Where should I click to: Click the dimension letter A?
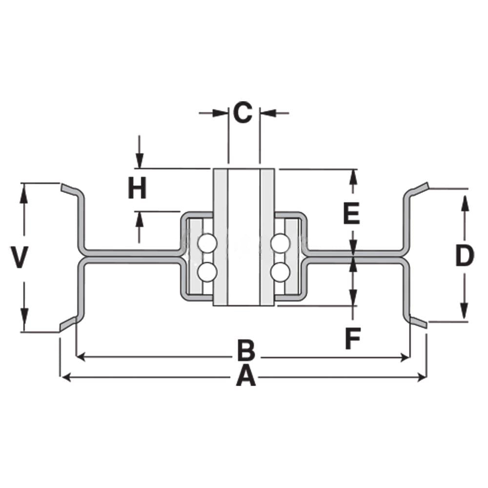tap(246, 376)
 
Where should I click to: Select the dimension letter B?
tap(246, 350)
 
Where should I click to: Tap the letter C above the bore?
tap(243, 112)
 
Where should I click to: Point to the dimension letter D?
tap(465, 256)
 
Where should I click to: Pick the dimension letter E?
tap(351, 213)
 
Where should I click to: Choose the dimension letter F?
tap(353, 338)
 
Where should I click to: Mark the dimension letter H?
tap(137, 188)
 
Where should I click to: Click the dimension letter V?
tap(20, 257)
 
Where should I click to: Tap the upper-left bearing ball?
tap(207, 244)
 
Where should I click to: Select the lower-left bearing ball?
tap(207, 272)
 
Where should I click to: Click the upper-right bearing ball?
tap(281, 244)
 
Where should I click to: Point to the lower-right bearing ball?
tap(281, 272)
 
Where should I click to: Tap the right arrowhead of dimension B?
tap(406, 357)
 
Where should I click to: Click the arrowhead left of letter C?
tap(221, 113)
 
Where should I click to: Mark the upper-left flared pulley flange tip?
tap(61, 188)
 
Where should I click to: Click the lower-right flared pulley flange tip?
tap(426, 325)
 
